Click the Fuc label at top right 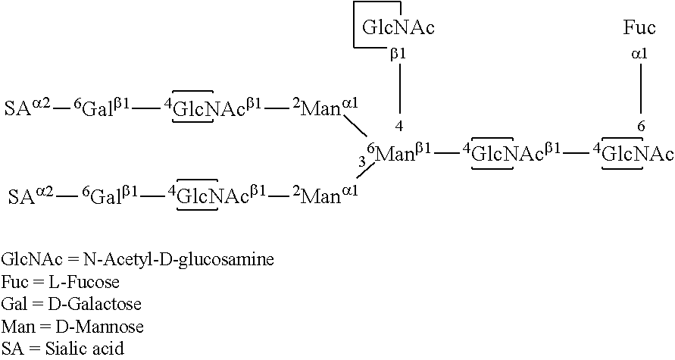(639, 29)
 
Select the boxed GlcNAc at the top (398, 29)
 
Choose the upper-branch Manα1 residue (324, 108)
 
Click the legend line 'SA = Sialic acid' (62, 348)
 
